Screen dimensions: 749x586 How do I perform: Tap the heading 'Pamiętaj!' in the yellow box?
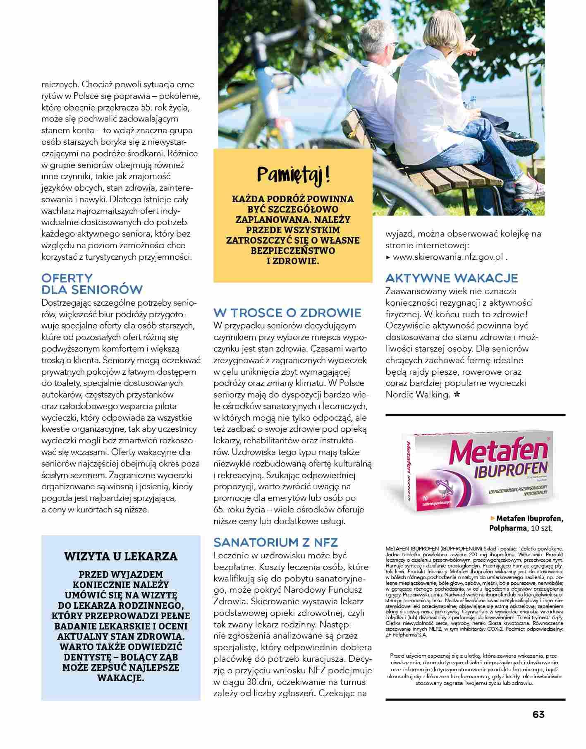[293, 175]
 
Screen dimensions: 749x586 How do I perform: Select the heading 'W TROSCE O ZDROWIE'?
[287, 312]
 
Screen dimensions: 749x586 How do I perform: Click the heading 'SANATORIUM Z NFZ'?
[275, 542]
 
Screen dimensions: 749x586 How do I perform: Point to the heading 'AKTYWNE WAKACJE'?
[452, 278]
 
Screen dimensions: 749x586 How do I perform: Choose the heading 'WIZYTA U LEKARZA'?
[121, 556]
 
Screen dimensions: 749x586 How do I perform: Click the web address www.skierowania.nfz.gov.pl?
[447, 257]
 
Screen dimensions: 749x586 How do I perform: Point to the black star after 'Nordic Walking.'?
[457, 395]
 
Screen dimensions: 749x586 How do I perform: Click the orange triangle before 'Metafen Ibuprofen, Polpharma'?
[492, 518]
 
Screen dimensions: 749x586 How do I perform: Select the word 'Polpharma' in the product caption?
[508, 528]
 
